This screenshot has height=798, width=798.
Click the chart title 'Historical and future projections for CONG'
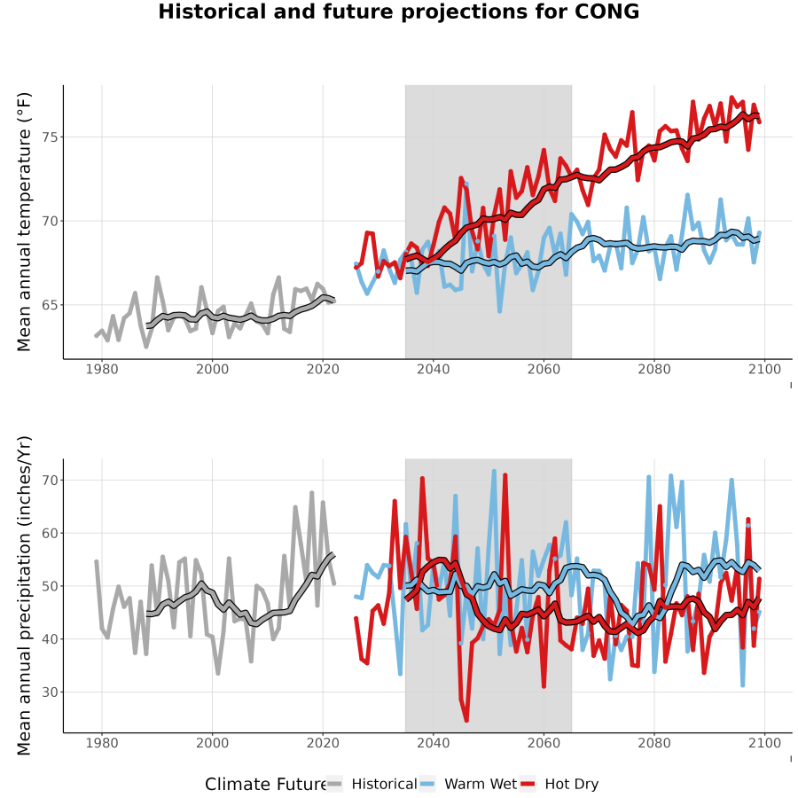[398, 12]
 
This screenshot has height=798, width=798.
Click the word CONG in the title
[606, 12]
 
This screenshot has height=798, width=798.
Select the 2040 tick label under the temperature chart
[433, 369]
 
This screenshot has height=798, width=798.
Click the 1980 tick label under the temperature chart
[102, 369]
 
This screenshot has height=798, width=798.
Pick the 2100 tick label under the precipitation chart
[764, 743]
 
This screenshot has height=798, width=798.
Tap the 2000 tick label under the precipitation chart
[212, 743]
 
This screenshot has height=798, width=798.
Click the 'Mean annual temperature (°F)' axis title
[24, 222]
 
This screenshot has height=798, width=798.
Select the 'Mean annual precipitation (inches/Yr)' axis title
[24, 596]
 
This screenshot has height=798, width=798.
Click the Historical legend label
[384, 784]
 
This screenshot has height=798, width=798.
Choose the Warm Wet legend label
[481, 784]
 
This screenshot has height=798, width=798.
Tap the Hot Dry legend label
[572, 784]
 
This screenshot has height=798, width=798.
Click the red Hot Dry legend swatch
[528, 785]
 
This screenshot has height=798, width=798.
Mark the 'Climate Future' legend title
[266, 784]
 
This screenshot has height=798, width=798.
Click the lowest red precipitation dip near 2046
[466, 720]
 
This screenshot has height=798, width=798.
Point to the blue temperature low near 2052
[500, 310]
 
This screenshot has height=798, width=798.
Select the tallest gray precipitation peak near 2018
[312, 493]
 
